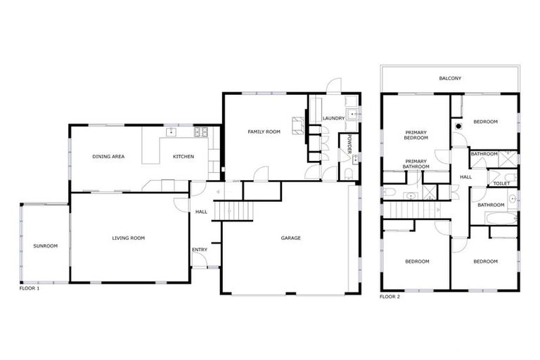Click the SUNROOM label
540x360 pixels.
pyautogui.click(x=45, y=245)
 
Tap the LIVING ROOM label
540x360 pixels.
pyautogui.click(x=128, y=238)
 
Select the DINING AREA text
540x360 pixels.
pyautogui.click(x=108, y=156)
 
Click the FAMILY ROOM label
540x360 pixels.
pyautogui.click(x=264, y=131)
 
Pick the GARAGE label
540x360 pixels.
pyautogui.click(x=290, y=238)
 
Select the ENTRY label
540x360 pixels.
pyautogui.click(x=199, y=250)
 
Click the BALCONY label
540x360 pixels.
pyautogui.click(x=450, y=78)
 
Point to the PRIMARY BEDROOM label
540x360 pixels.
pyautogui.click(x=416, y=135)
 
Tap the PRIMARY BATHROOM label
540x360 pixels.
pyautogui.click(x=416, y=165)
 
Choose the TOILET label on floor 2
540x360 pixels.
pyautogui.click(x=501, y=184)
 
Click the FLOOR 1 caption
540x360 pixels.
pyautogui.click(x=30, y=288)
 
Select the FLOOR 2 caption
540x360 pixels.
pyautogui.click(x=390, y=297)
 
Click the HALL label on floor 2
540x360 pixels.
pyautogui.click(x=465, y=177)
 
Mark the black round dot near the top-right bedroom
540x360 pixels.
pyautogui.click(x=459, y=125)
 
